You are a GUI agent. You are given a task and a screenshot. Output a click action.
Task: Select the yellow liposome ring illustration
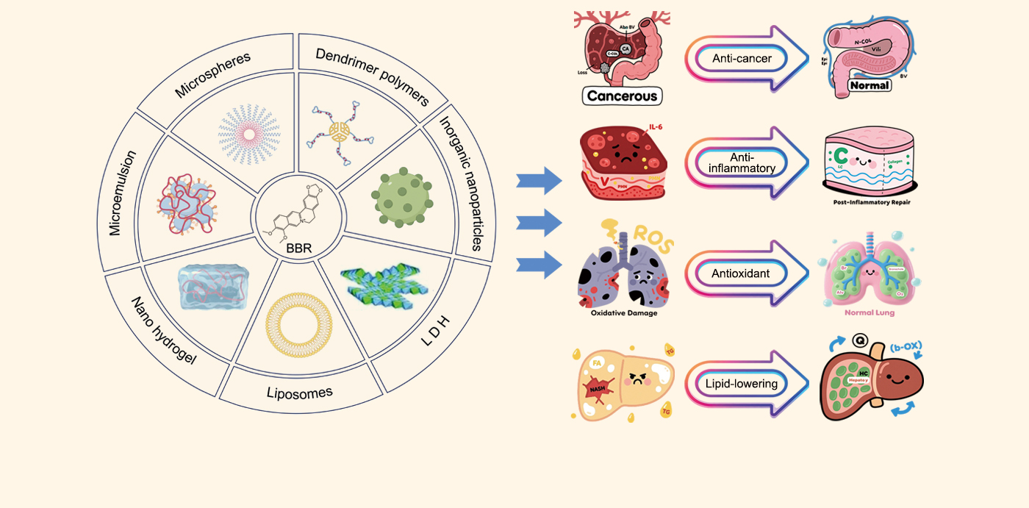(x=294, y=323)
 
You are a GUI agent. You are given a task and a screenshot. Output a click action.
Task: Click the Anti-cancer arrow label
(x=742, y=59)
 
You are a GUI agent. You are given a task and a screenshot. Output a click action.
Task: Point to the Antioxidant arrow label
(x=741, y=273)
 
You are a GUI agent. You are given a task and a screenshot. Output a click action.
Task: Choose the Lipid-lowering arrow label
(x=741, y=383)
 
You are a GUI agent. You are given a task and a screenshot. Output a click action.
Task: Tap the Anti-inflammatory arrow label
(x=741, y=162)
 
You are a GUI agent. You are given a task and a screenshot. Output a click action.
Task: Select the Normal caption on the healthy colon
(x=869, y=85)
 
